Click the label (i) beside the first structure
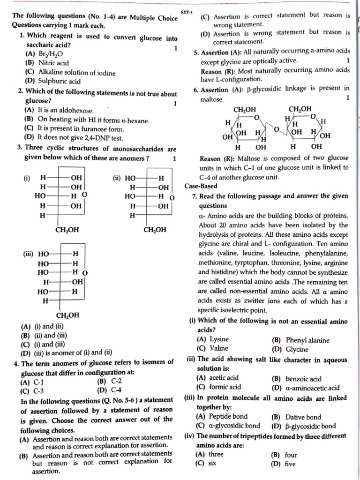click(x=27, y=178)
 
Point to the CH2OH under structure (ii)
click(x=155, y=230)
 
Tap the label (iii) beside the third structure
click(x=29, y=254)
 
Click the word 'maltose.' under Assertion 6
click(x=212, y=99)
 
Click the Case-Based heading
click(x=201, y=186)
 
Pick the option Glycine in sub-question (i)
click(x=297, y=349)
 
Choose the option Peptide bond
click(x=228, y=416)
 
